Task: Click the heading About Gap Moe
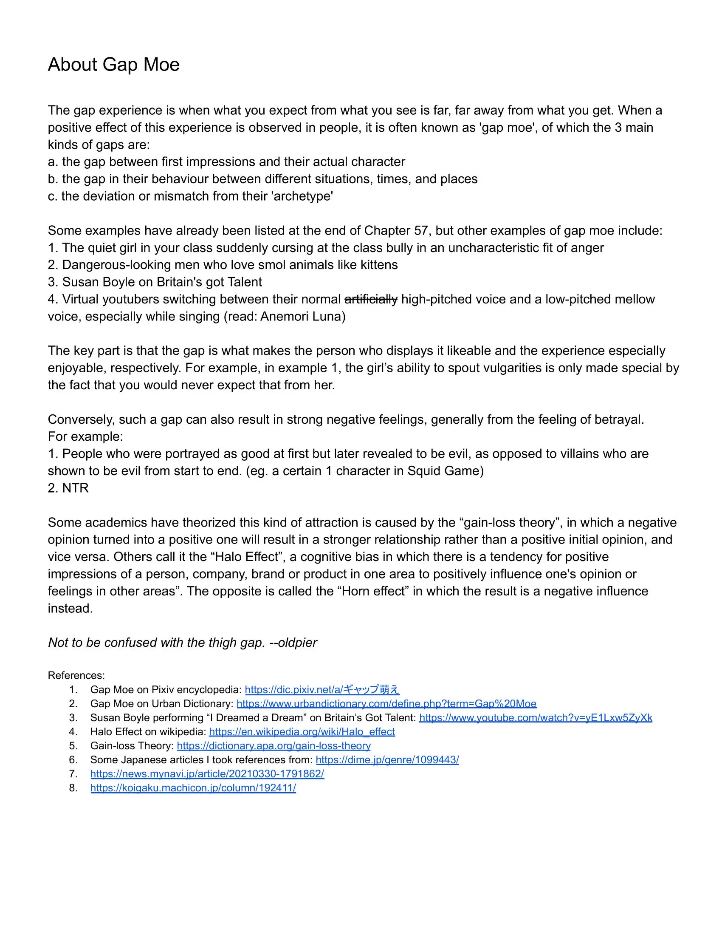pos(113,65)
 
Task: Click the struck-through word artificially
pos(370,299)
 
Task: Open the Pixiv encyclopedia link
pos(322,689)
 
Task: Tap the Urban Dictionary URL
pos(386,703)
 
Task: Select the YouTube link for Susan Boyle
pos(536,717)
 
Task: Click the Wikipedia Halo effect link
pos(302,732)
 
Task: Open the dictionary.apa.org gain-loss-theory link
pos(274,746)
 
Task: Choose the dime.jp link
pos(387,760)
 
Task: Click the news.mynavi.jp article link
pos(207,774)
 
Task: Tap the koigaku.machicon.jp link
pos(193,788)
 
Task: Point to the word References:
pos(76,675)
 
